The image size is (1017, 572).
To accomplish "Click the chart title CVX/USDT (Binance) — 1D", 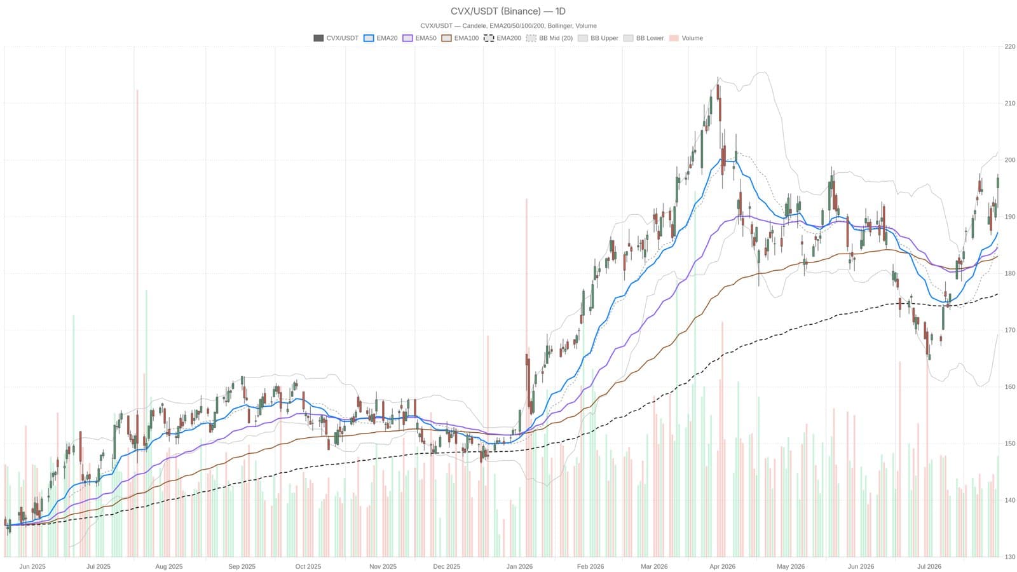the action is coord(508,11).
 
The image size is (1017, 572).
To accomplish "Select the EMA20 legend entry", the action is coord(381,38).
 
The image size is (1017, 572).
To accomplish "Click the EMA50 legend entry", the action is coord(419,38).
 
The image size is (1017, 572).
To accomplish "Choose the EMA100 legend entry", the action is coord(460,38).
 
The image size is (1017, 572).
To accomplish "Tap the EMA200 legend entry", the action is coord(502,38).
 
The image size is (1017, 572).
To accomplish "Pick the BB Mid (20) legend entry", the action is coord(549,38).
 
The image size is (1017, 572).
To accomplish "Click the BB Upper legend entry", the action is coord(598,38).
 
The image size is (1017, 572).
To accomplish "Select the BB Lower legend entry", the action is coord(643,38).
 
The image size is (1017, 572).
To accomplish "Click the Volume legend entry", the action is coord(686,38).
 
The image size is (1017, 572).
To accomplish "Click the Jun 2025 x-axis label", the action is coord(32,566).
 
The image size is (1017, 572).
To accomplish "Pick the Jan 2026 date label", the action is coord(519,566).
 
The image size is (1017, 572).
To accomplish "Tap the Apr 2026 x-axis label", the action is coord(722,566).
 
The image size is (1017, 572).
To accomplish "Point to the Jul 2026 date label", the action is coord(929,566).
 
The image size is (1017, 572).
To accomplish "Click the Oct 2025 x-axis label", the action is coord(308,566).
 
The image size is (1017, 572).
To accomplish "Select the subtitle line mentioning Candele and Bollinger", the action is coord(508,26).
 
